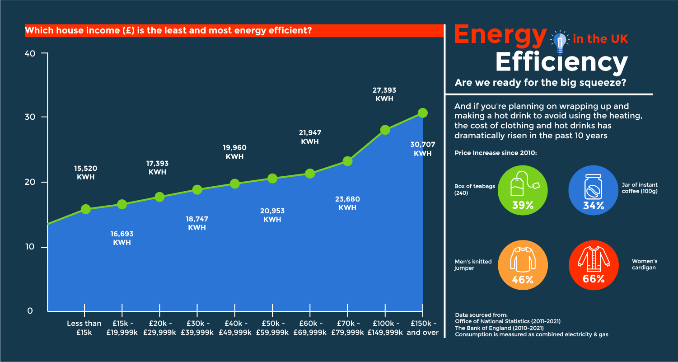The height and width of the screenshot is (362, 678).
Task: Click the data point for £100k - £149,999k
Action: [x=385, y=130]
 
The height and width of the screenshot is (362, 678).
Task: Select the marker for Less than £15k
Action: [x=85, y=209]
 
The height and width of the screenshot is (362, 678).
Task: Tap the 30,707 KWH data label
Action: [x=422, y=149]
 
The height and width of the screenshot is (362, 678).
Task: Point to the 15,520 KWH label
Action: [x=86, y=173]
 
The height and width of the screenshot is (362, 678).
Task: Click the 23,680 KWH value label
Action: [x=347, y=203]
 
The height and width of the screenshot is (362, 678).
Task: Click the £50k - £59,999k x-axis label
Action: [x=272, y=328]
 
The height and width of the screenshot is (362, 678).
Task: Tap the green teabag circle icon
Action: [x=523, y=190]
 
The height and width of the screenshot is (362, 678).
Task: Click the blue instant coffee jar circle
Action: [x=593, y=190]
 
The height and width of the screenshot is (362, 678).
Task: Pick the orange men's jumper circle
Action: [x=523, y=265]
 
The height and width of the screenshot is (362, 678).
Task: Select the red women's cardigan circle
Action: [x=593, y=265]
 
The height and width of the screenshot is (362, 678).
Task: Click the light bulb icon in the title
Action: [x=560, y=41]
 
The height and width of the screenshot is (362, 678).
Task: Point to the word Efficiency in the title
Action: [x=561, y=63]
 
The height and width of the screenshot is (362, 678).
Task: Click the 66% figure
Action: [x=593, y=279]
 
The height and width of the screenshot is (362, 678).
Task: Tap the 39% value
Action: [x=523, y=205]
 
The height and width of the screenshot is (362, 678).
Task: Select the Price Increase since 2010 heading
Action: [x=496, y=153]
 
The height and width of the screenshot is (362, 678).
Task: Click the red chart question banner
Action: [x=234, y=31]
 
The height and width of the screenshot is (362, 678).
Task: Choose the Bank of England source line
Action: [x=499, y=328]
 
